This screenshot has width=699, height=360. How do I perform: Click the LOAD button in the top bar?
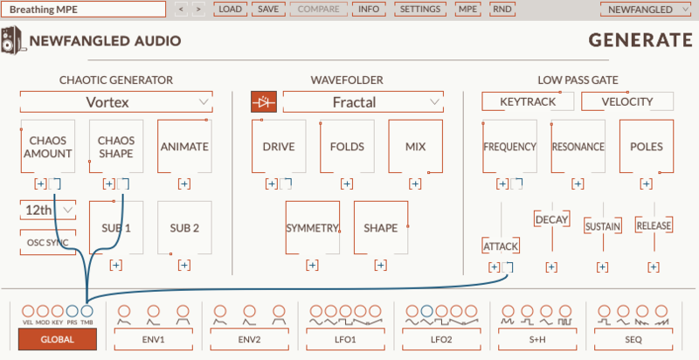tap(231, 9)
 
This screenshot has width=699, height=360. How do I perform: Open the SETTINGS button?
tap(421, 9)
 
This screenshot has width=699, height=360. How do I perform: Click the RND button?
tap(502, 9)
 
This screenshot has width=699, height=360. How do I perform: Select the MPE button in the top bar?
tap(468, 9)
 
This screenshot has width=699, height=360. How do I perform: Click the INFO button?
tap(370, 9)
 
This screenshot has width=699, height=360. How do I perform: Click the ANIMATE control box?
tap(184, 146)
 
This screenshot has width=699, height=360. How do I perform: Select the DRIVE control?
tap(278, 146)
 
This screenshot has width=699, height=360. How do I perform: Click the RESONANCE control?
tap(578, 146)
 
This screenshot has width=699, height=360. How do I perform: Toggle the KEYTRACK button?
tap(528, 101)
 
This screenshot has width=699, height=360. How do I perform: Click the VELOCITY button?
tap(628, 101)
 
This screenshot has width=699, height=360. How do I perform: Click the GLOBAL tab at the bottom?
tap(58, 340)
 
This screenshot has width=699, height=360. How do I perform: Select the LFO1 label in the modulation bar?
tap(344, 339)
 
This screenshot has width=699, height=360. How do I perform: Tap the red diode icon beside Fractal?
tap(262, 102)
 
